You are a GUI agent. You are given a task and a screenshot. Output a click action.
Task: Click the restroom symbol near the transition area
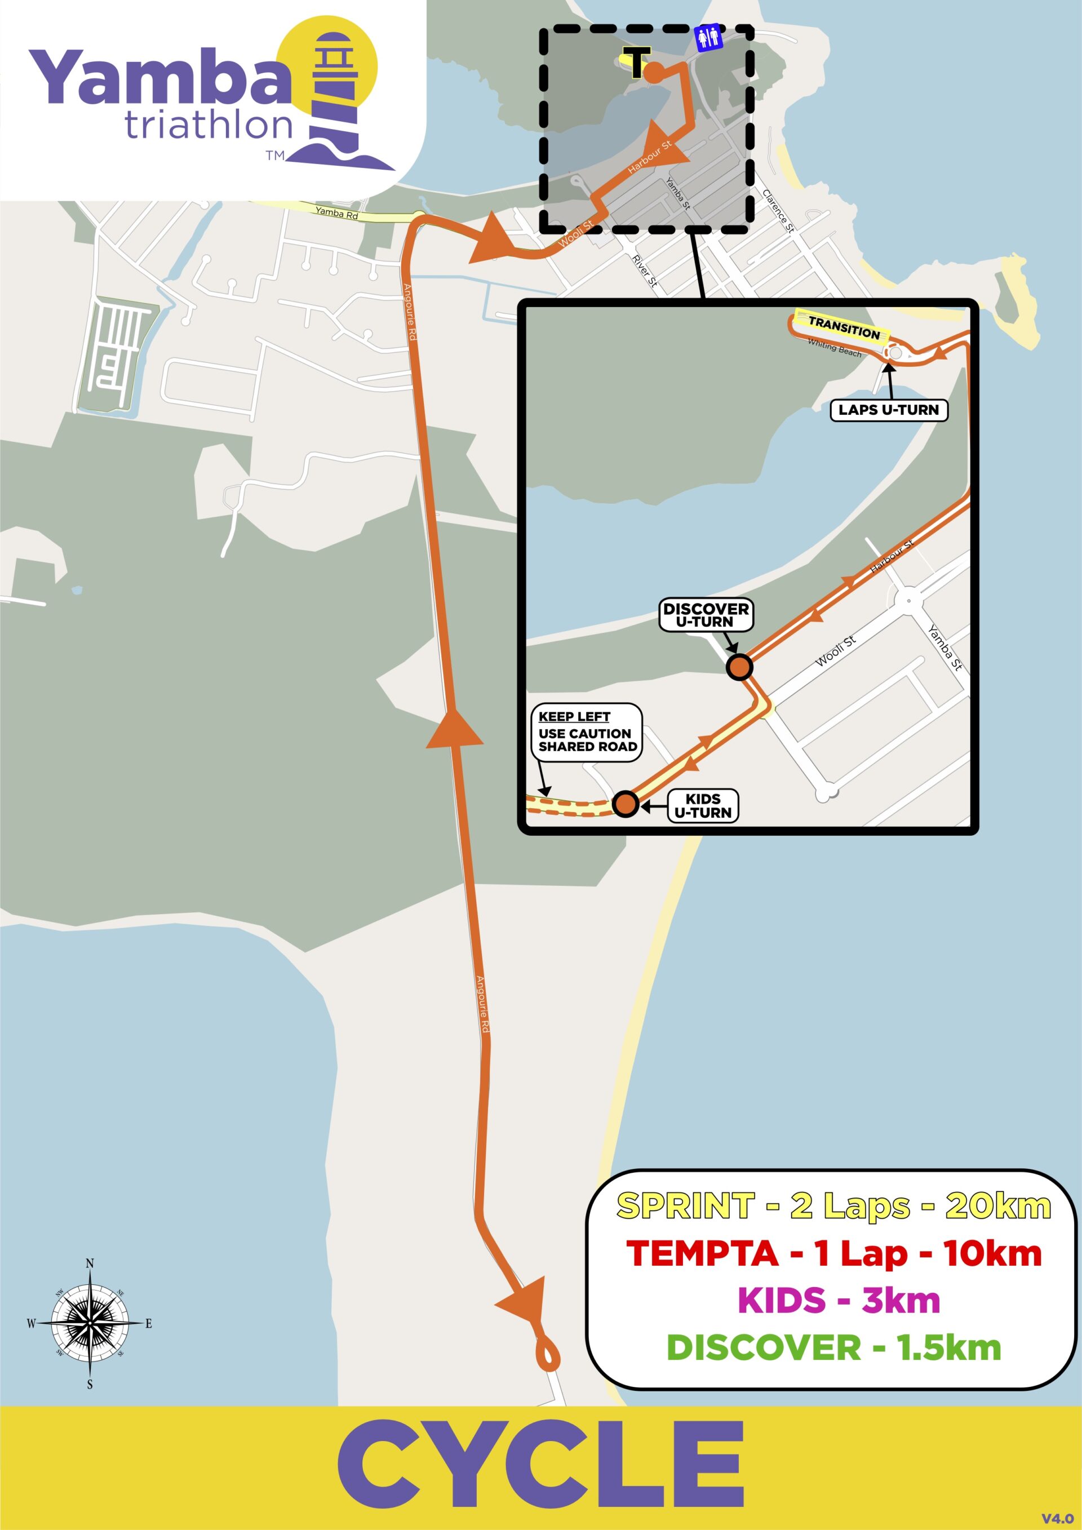tap(708, 38)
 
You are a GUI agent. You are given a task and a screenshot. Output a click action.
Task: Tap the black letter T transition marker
tap(636, 63)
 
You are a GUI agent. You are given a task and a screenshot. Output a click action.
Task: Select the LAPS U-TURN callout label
tap(888, 410)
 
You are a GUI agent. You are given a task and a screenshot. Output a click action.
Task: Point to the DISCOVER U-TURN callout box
tap(706, 615)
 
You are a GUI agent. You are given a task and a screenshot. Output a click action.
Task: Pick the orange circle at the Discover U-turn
tap(739, 667)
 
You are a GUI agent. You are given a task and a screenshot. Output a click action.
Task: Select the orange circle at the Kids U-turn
tap(625, 804)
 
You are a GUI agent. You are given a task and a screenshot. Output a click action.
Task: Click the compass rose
tap(90, 1323)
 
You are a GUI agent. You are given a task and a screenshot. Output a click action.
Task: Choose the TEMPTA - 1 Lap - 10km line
tap(833, 1253)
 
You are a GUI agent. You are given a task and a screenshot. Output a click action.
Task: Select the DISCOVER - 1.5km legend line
tap(833, 1347)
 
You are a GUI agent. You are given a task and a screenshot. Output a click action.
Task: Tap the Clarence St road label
tap(778, 211)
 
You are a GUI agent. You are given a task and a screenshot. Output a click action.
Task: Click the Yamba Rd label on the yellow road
tap(336, 213)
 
